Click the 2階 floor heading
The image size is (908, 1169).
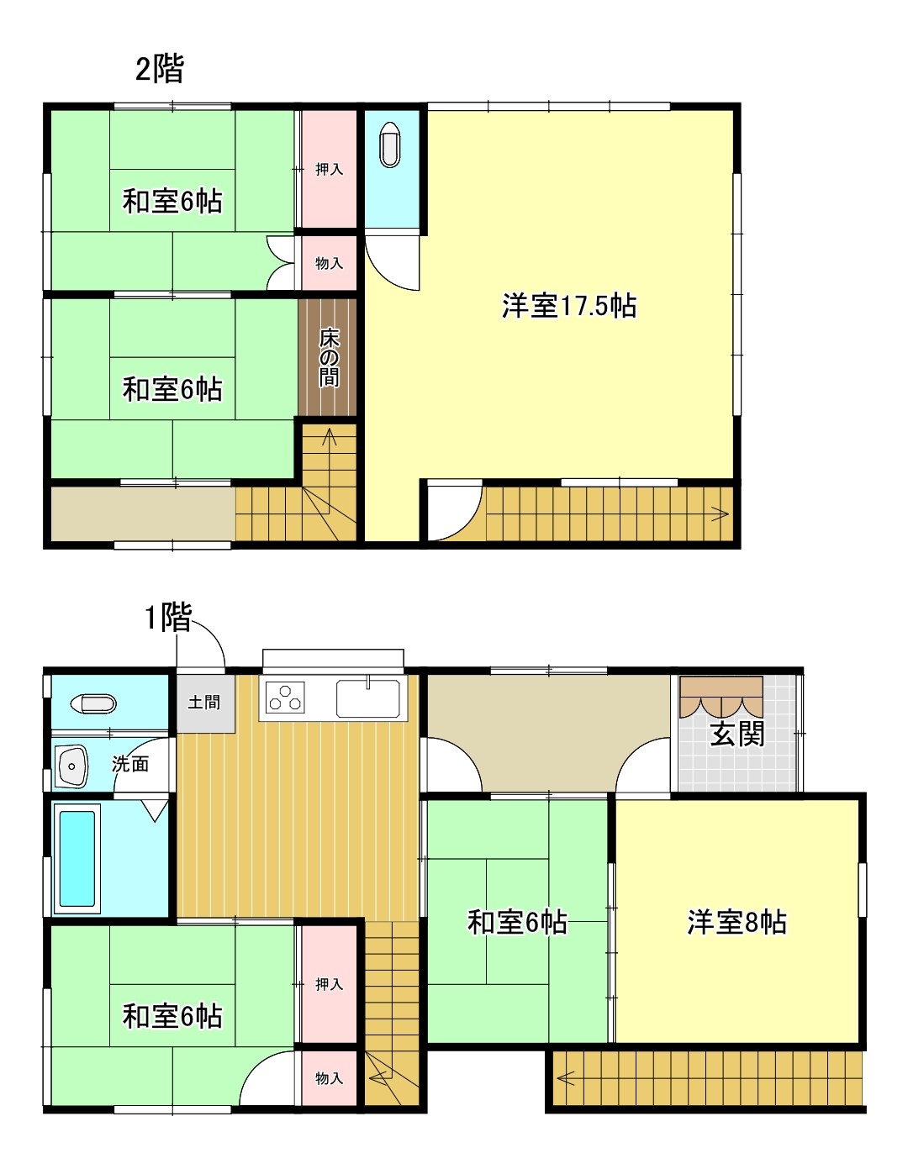pos(159,69)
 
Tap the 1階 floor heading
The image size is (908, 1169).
pos(167,618)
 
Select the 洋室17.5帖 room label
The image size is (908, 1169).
pos(568,306)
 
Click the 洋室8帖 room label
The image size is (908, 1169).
pos(736,923)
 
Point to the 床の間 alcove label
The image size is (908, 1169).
pos(329,357)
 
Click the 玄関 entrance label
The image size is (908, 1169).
pos(737,734)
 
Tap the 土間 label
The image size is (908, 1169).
pos(203,702)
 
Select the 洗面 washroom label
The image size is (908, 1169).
pos(130,764)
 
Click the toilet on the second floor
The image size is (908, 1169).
pos(390,145)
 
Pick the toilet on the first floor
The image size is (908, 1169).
pos(92,703)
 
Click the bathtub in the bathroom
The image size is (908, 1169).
pos(77,858)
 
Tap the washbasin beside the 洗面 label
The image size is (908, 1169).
pos(73,766)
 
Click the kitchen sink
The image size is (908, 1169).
pos(368,698)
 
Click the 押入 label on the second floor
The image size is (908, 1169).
pos(329,170)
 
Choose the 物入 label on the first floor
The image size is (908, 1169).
pos(329,1078)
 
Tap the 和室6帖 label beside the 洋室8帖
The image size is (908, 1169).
pos(517,923)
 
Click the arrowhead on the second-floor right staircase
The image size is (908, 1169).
pos(721,513)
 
